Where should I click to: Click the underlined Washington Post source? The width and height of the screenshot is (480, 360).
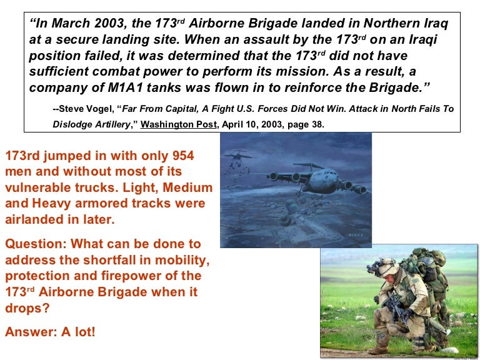(179, 124)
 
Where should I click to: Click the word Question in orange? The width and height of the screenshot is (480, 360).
(32, 243)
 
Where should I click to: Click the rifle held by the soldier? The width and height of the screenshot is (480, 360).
(393, 306)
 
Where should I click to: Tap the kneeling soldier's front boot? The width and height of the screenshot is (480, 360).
(378, 349)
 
